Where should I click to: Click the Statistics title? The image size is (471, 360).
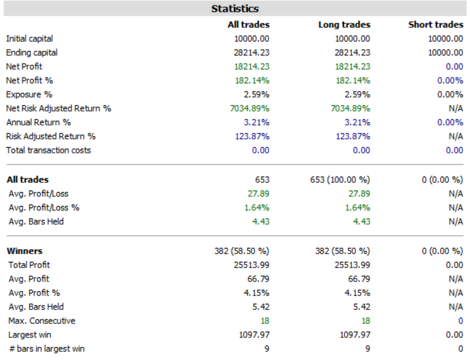(x=235, y=9)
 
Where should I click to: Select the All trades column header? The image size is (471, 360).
(x=249, y=24)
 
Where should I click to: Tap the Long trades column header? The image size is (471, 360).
(x=344, y=24)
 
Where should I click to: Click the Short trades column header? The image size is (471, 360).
(x=436, y=24)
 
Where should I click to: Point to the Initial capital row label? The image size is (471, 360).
(x=29, y=39)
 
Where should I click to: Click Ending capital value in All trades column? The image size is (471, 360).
(x=251, y=53)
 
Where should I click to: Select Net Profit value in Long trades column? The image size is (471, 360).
(x=353, y=67)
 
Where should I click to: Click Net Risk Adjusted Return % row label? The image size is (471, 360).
(x=58, y=108)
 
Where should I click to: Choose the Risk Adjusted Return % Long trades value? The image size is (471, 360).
(x=353, y=136)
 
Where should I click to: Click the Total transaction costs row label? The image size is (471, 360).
(x=49, y=150)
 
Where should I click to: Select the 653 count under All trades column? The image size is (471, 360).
(x=262, y=180)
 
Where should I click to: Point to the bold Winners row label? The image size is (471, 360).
(x=24, y=251)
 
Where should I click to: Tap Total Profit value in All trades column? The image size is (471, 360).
(x=251, y=265)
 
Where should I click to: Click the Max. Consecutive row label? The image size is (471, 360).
(x=42, y=321)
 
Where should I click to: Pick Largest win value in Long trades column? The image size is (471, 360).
(x=355, y=335)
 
